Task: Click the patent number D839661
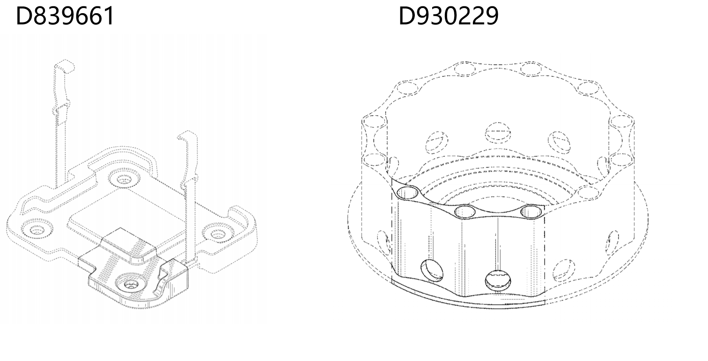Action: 65,16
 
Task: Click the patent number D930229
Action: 449,16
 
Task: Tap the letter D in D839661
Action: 24,16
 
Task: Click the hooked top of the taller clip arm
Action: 64,66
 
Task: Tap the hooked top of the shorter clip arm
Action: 187,135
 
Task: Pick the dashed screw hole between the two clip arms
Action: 124,179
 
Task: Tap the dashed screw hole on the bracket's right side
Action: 218,233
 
